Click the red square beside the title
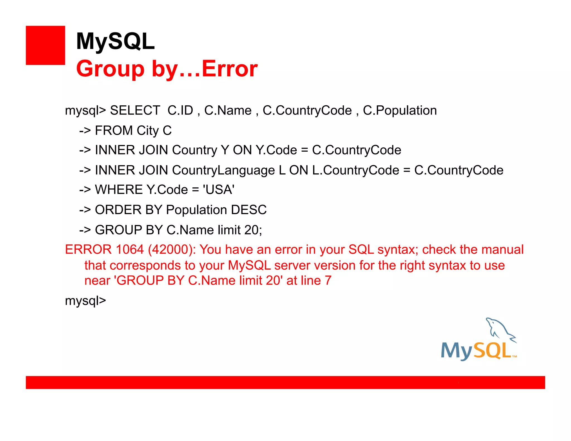pos(45,45)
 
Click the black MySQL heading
pos(115,41)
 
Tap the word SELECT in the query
pos(135,110)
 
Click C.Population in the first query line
pos(400,110)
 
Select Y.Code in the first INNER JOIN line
pos(276,150)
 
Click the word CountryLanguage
pos(223,170)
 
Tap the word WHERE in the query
pos(119,190)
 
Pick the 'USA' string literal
pos(219,190)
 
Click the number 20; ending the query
pos(253,230)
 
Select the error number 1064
pos(130,249)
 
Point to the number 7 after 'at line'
pos(328,280)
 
